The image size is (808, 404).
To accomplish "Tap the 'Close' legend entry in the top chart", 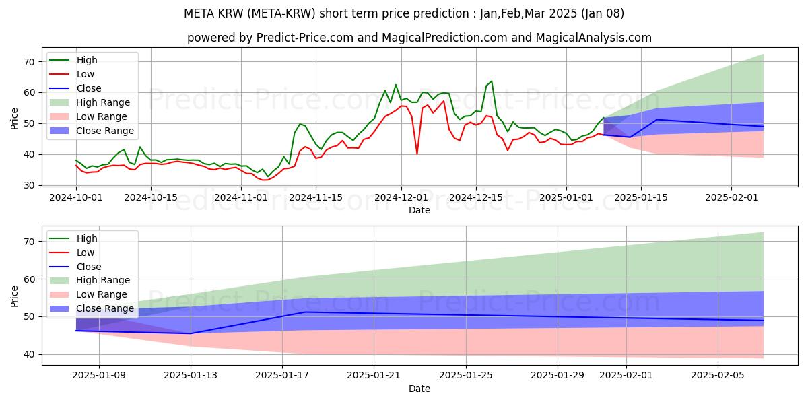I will click(89, 88).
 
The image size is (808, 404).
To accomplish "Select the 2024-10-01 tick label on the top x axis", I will click(75, 197).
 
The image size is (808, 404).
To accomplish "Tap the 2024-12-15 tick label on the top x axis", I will click(476, 197).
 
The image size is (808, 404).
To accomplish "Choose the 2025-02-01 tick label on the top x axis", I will click(731, 197).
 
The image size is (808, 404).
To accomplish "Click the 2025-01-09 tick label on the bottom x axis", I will click(99, 376).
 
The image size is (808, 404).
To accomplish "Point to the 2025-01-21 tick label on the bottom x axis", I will click(374, 376).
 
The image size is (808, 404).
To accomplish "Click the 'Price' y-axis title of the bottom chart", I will click(15, 296).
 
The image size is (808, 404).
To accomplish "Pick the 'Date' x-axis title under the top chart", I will click(419, 210).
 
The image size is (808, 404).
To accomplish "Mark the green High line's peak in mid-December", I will click(492, 81).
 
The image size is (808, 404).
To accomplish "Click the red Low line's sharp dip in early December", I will click(417, 154).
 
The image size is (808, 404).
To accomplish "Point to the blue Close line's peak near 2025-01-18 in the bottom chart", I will click(305, 312).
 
